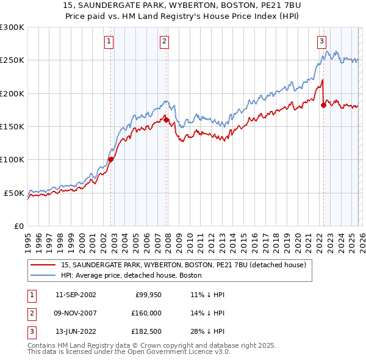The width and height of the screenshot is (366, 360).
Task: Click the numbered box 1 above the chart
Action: pos(109,41)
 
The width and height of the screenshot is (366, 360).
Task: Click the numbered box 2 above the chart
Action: pos(165,41)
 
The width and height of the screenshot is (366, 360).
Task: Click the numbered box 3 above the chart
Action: pos(321,41)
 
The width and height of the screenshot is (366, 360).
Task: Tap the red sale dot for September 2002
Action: pos(111,160)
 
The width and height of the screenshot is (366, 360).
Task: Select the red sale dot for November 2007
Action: pos(167,120)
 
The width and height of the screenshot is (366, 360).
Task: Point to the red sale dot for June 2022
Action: pos(323,105)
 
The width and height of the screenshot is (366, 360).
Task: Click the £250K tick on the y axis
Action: pos(12,60)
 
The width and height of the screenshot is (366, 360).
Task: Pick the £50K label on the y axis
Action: pos(15,193)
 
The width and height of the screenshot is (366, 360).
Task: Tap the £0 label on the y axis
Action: pos(18,226)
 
